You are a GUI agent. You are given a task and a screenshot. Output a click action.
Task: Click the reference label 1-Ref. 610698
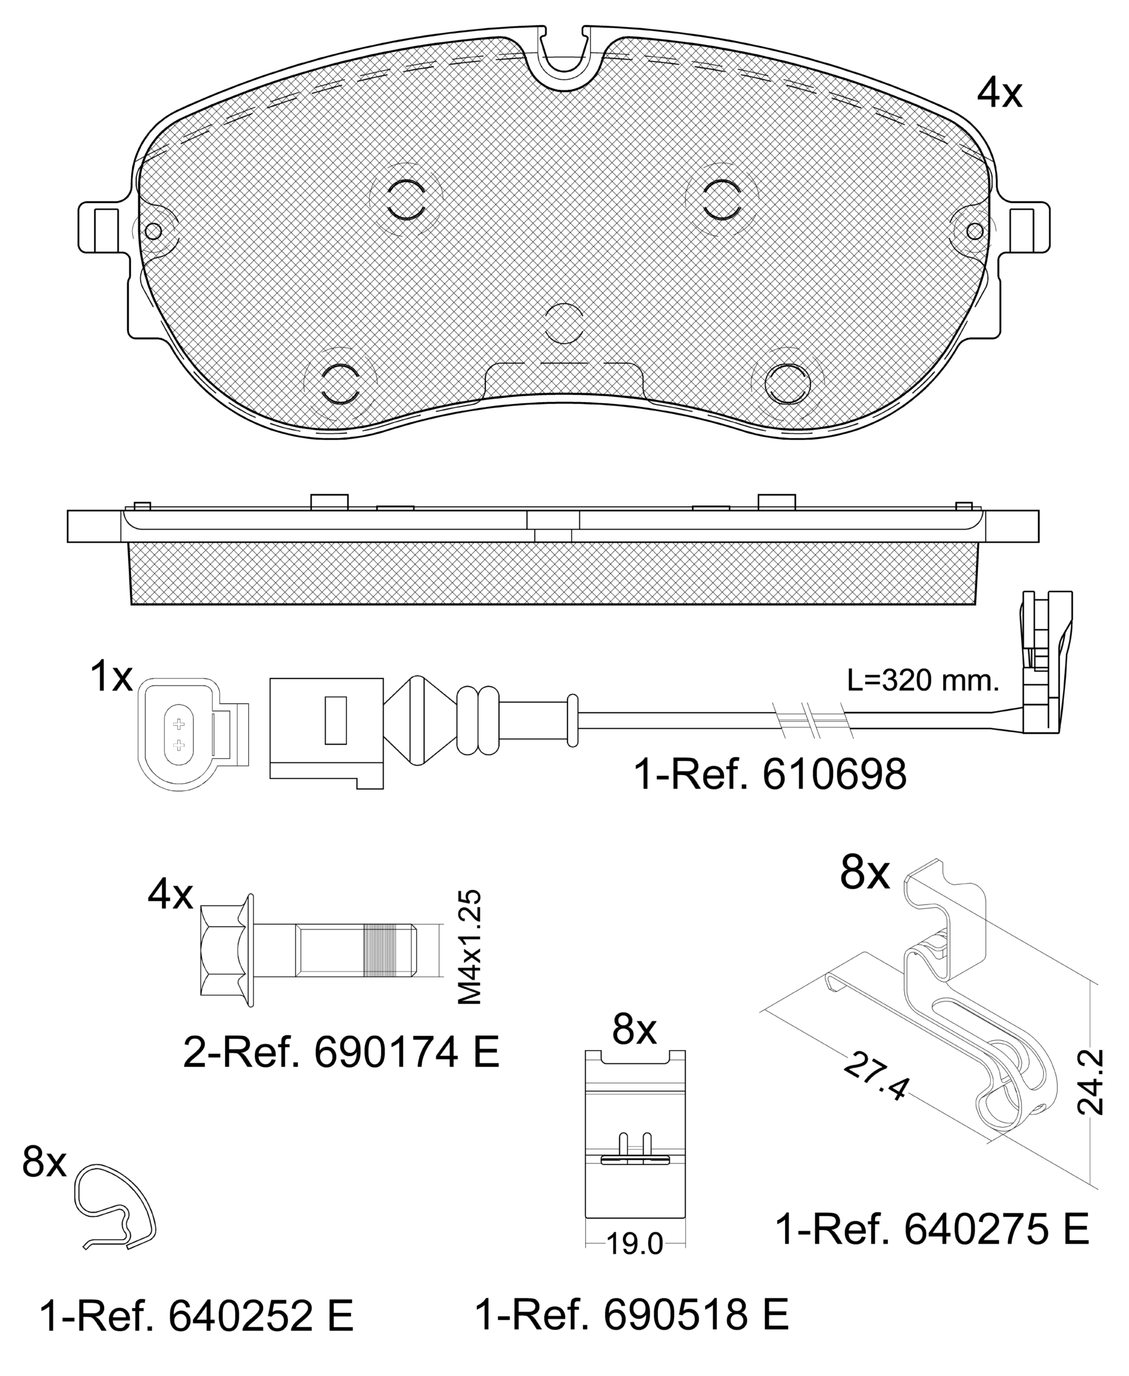point(770,776)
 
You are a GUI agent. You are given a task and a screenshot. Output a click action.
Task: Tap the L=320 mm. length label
point(923,681)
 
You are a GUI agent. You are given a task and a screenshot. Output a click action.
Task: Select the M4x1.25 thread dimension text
point(470,947)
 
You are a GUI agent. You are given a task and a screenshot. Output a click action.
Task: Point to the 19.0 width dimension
point(634,1244)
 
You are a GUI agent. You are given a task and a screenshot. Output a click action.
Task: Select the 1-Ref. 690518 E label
point(632,1315)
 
